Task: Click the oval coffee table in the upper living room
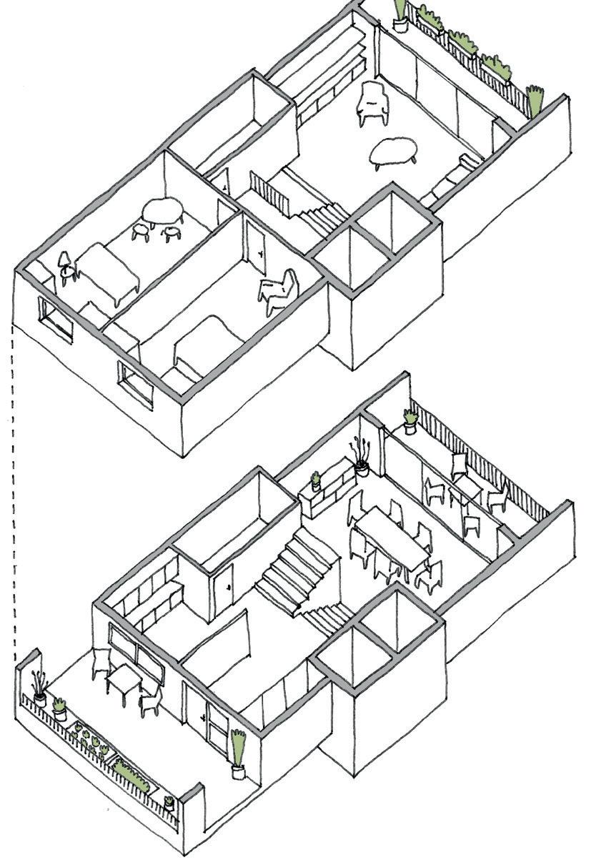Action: (x=395, y=150)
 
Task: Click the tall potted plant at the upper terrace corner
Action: (x=401, y=14)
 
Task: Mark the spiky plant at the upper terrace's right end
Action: (x=535, y=100)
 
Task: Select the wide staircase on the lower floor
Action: (x=293, y=572)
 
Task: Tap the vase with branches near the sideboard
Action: (x=359, y=458)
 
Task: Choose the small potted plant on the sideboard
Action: (x=315, y=480)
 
